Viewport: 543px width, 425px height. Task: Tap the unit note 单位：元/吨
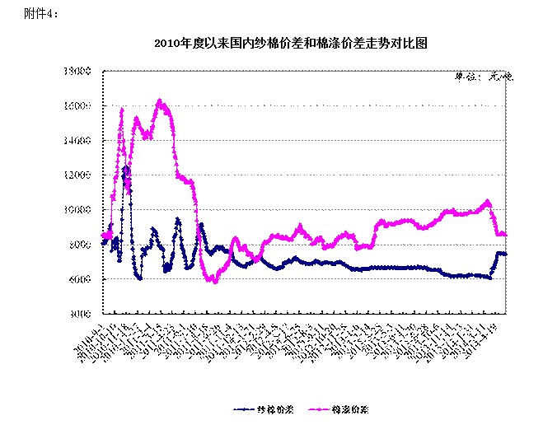(484, 78)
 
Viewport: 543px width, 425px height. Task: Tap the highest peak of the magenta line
(160, 101)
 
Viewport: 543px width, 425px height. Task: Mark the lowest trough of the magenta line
(214, 282)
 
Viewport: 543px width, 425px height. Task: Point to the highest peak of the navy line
(125, 167)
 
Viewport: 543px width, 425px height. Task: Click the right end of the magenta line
(505, 235)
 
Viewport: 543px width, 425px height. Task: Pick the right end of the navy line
(505, 254)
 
